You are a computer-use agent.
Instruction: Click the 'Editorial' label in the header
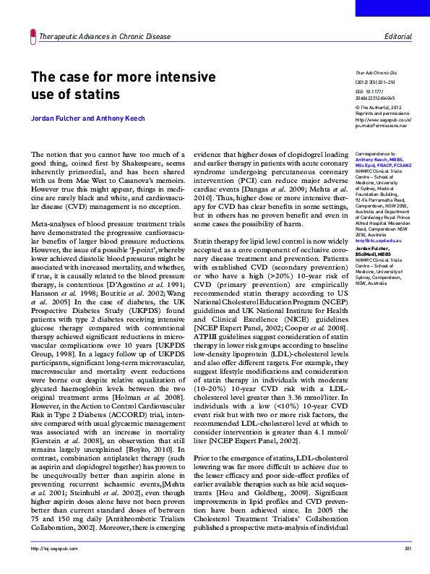pyautogui.click(x=398, y=36)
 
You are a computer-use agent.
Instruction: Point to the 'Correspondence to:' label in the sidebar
pyautogui.click(x=374, y=155)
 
